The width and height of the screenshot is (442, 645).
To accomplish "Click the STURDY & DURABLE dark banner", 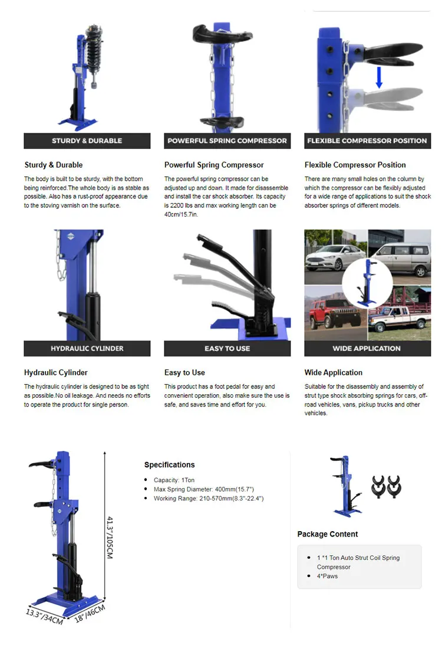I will [x=87, y=141].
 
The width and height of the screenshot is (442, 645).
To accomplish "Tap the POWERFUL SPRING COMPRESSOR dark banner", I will [x=227, y=141].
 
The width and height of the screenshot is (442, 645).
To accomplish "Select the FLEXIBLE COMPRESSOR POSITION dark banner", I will [x=367, y=141].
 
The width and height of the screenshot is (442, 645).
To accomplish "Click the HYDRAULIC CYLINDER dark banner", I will [x=87, y=349].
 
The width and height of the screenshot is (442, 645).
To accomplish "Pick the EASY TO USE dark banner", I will [x=227, y=349].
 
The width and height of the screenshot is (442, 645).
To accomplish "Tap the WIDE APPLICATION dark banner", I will [x=367, y=349].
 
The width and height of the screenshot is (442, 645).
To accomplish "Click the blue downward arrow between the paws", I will [x=379, y=77].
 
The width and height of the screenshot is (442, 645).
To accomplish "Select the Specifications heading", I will [x=169, y=465].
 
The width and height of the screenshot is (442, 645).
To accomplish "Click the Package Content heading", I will [x=328, y=534].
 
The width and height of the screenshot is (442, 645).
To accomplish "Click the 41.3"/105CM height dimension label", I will [x=110, y=536].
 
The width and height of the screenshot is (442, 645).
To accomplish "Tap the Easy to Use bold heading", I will [x=184, y=373].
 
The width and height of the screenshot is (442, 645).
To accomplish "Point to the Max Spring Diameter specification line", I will [x=204, y=490].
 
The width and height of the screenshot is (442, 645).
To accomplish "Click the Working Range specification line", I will [x=209, y=499].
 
